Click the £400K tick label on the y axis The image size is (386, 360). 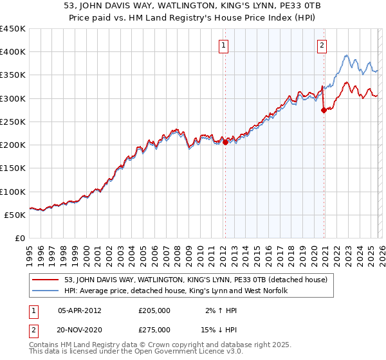[x=13, y=52]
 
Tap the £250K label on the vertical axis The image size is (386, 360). [x=13, y=122]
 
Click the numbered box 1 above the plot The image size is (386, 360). [x=223, y=45]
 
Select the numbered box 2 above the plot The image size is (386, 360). [x=321, y=45]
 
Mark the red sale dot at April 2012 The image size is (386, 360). [x=225, y=143]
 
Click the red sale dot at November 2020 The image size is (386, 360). [x=324, y=110]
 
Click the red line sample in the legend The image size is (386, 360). [x=47, y=280]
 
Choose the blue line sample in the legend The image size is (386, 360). [x=47, y=291]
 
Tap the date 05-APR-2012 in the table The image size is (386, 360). [x=80, y=310]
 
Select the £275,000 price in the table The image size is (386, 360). [x=154, y=329]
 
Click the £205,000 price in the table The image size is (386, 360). [x=154, y=310]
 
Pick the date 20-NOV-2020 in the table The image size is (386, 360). [x=80, y=329]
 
